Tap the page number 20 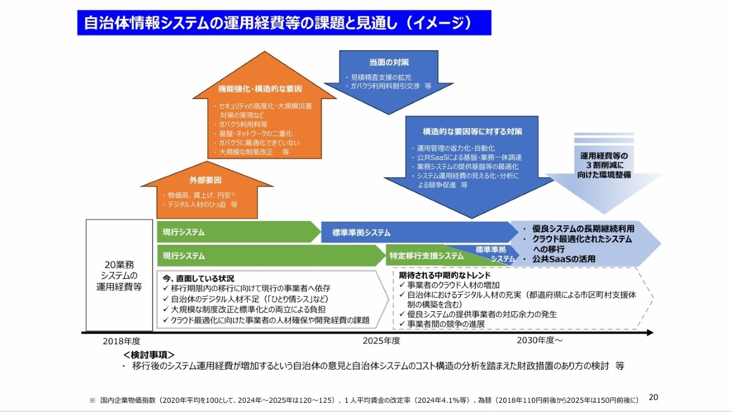click(653, 397)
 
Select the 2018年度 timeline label click(121, 341)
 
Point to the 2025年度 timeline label click(381, 341)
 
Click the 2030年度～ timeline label click(540, 341)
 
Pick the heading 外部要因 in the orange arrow click(205, 181)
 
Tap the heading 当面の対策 click(389, 62)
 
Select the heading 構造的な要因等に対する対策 click(472, 131)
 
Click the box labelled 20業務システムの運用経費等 click(119, 275)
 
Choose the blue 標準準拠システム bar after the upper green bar click(362, 233)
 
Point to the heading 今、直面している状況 click(198, 278)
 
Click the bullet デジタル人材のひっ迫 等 click(203, 205)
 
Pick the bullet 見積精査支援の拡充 click(381, 78)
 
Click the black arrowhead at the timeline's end click(650, 333)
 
